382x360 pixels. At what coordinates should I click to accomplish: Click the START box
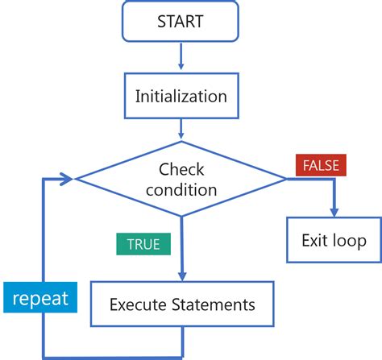coord(181,21)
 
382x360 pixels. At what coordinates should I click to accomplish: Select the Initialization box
coord(181,97)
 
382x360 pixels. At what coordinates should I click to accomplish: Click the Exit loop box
coord(333,240)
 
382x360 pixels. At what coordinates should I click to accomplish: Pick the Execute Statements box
coord(182,304)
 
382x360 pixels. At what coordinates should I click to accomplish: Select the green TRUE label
coord(143,242)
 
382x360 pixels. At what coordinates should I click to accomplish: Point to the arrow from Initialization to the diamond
coord(181,129)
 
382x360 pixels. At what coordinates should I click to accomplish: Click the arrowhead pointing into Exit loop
coord(333,213)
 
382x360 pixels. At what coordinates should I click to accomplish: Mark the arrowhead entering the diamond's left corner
coord(71,179)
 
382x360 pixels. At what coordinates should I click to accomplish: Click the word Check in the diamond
coord(181,170)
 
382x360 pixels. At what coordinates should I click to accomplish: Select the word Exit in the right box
coord(314,240)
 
